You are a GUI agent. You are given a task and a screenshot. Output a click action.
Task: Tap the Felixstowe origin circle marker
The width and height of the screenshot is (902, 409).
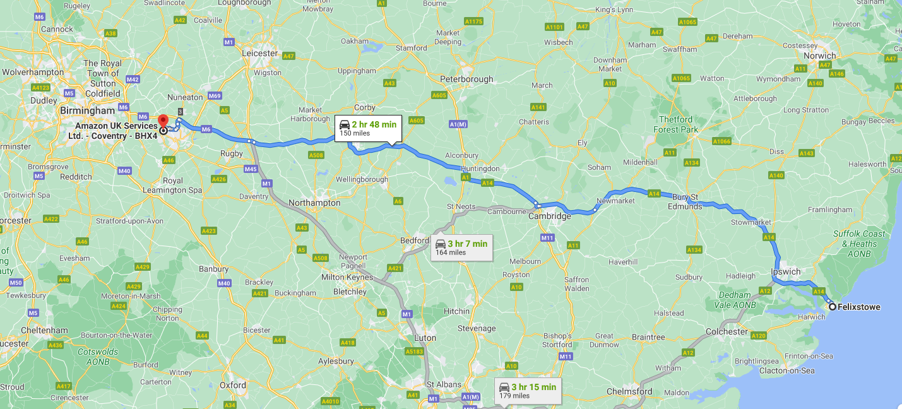[x=833, y=307]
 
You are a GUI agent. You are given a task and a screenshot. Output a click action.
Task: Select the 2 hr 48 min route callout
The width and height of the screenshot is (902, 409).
[x=368, y=127]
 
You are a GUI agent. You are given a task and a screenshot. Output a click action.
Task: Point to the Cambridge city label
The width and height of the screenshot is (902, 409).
[x=549, y=216]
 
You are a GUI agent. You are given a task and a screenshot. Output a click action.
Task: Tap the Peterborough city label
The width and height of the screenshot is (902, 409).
[x=466, y=80]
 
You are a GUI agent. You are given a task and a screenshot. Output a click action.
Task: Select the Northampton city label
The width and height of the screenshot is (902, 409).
[x=314, y=203]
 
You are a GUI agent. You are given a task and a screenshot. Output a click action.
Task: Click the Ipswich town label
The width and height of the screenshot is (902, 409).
[x=786, y=272]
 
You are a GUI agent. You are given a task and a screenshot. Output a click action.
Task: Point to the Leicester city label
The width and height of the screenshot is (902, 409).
[x=259, y=54]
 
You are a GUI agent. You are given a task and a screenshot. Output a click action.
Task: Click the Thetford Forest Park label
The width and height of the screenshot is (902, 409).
[x=678, y=124]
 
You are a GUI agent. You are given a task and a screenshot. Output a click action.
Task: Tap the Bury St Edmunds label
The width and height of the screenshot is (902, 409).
[x=687, y=202]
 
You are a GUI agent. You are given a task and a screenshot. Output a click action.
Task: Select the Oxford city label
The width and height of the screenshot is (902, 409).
[x=232, y=385]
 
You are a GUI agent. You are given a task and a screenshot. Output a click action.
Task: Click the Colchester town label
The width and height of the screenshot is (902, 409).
[x=727, y=331]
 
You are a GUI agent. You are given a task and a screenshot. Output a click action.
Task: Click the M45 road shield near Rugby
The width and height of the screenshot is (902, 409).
[x=250, y=169]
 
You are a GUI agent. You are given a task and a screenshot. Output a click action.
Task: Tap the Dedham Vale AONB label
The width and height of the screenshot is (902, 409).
[x=735, y=300]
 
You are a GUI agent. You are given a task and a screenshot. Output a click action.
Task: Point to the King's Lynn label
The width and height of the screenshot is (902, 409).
[x=613, y=9]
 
